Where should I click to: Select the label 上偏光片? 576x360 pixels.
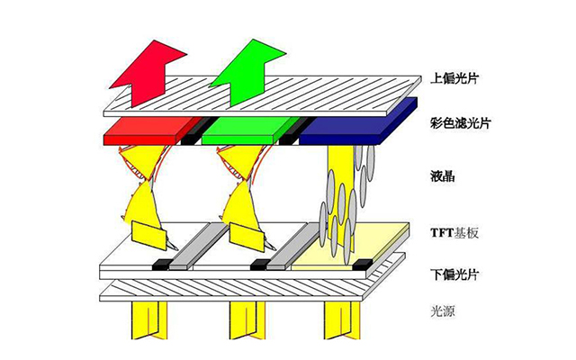454,78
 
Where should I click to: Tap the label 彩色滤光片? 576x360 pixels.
460,122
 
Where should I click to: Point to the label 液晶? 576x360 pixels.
443,176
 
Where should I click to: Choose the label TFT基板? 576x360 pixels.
454,232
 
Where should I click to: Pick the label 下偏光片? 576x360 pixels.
454,274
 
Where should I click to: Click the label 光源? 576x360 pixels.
443,311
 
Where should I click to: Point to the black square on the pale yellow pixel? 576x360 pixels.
363,264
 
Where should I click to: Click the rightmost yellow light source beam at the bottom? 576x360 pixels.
342,319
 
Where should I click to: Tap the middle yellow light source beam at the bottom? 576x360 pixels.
247,319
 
